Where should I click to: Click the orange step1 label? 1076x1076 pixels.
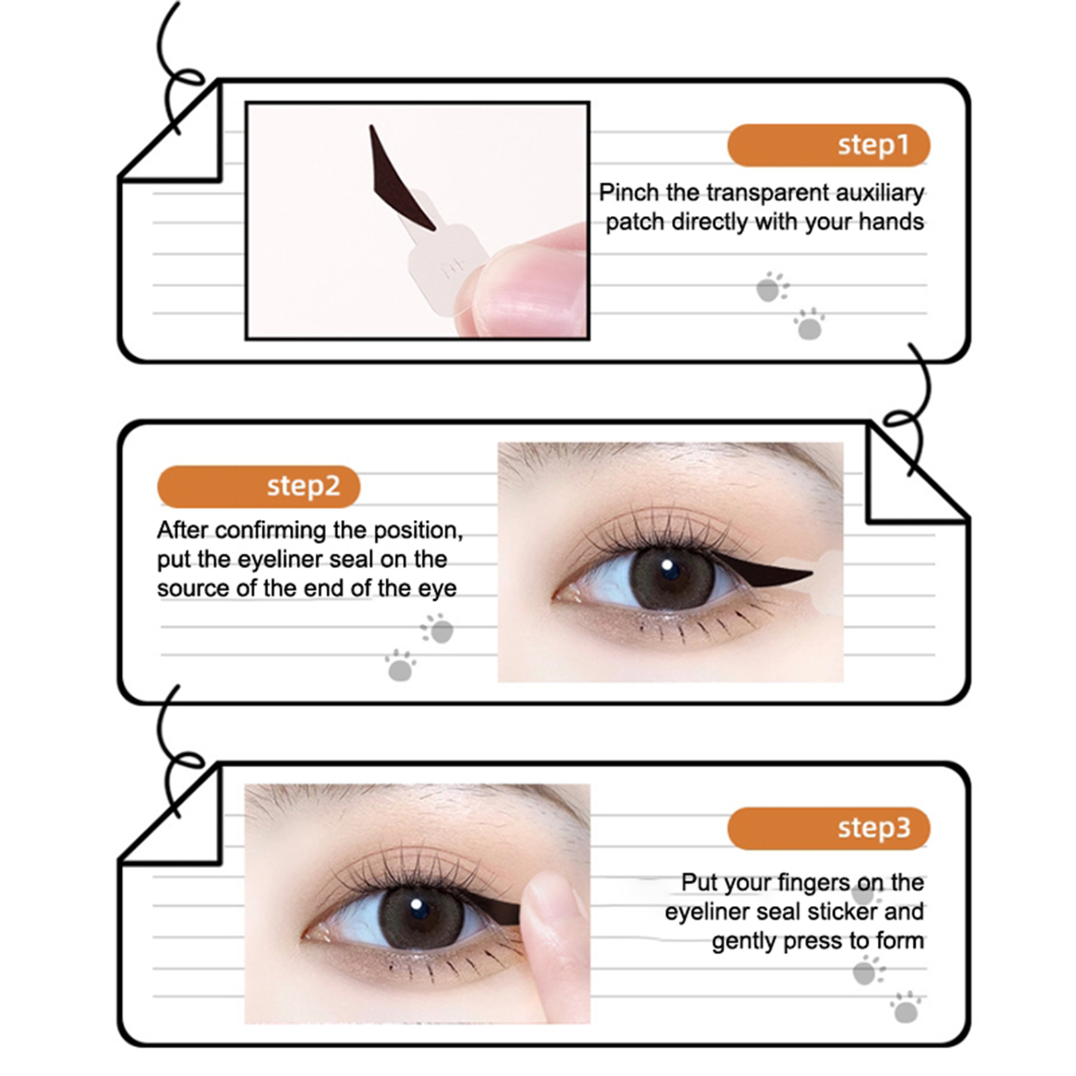tap(828, 145)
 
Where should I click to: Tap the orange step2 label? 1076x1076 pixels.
tap(258, 486)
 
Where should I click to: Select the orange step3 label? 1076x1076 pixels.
tap(828, 828)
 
